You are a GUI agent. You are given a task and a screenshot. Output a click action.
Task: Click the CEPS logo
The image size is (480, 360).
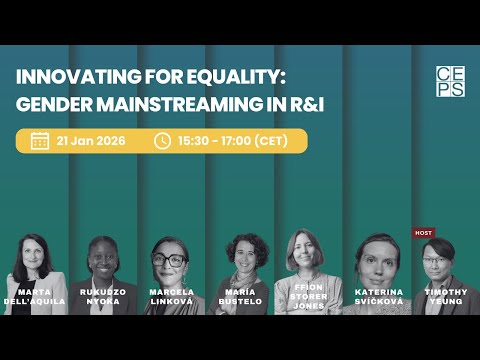(x=450, y=81)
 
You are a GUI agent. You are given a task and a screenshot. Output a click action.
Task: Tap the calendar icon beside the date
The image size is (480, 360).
(x=40, y=141)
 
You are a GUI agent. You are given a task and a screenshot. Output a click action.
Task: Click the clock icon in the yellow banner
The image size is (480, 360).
(x=162, y=141)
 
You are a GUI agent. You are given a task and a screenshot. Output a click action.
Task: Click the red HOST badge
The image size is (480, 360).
(x=424, y=233)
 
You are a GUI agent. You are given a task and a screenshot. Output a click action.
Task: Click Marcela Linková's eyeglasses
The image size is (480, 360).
(x=170, y=259)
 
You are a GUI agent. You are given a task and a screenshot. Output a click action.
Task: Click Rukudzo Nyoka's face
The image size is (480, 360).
(x=103, y=256)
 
